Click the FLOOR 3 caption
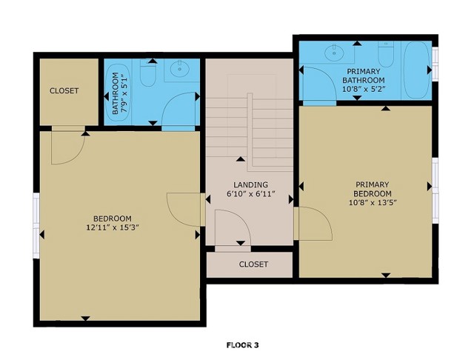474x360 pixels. (242, 344)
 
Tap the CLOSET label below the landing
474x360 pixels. (253, 264)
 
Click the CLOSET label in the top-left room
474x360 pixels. (64, 91)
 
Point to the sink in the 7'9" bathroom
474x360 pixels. (178, 69)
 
